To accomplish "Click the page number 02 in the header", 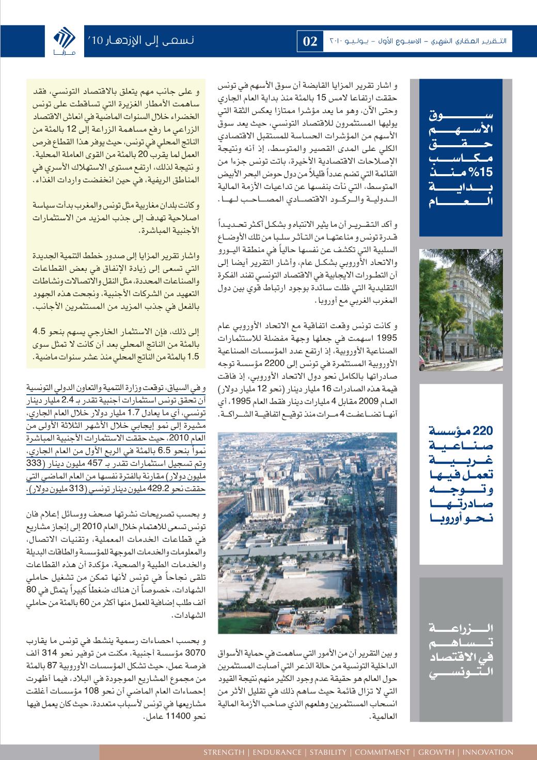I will coord(309,42).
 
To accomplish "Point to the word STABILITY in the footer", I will coord(326,751).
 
